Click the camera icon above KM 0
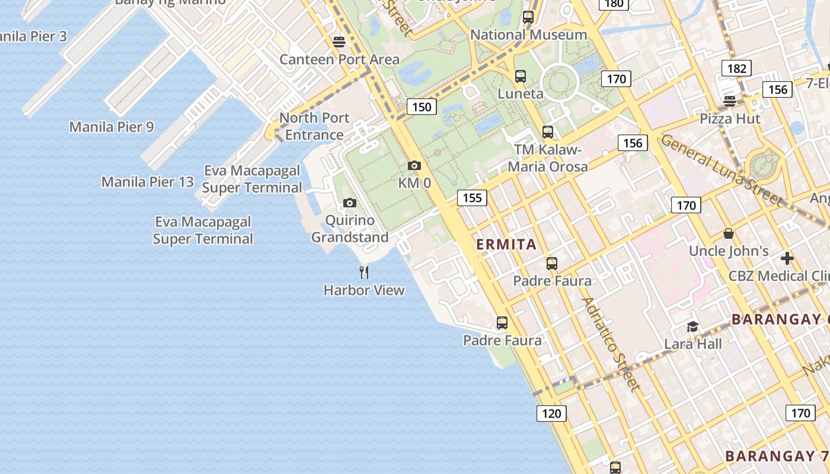coord(414,165)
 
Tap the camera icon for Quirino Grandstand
coord(350,203)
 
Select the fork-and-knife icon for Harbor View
coord(364,273)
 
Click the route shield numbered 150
coord(422,107)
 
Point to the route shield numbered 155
coord(472,197)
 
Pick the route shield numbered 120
coord(551,413)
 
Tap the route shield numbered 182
coord(736,68)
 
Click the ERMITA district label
coord(506,244)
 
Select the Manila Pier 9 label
coord(111,127)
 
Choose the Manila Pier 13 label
coord(148,181)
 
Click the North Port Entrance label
coord(314,126)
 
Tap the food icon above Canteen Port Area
coord(339,42)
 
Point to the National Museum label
coord(529,35)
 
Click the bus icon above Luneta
coord(521,76)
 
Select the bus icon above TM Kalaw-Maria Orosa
coord(548,132)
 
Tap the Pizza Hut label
coord(730,118)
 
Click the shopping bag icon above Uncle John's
coord(729,234)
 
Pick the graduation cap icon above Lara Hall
coord(692,326)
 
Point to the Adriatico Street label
coord(611,344)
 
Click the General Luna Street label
coord(722,169)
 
